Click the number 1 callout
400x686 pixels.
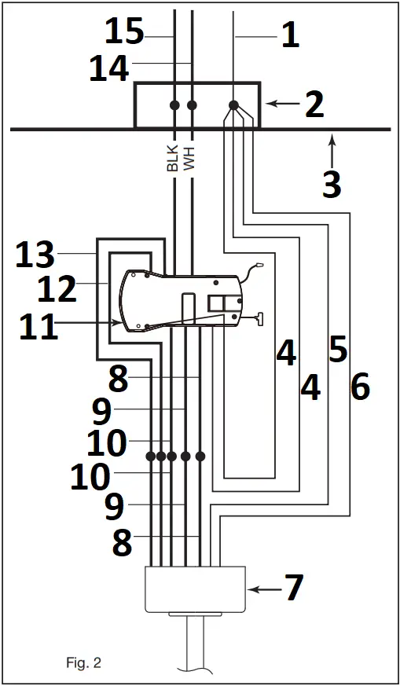pyautogui.click(x=290, y=35)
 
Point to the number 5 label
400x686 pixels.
pyautogui.click(x=338, y=350)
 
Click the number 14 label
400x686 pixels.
pyautogui.click(x=109, y=69)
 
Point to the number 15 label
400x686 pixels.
pyautogui.click(x=124, y=32)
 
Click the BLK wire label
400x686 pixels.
pyautogui.click(x=173, y=156)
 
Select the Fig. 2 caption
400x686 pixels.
pyautogui.click(x=83, y=662)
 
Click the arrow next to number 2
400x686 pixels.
pyautogui.click(x=278, y=103)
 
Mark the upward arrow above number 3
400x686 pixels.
pyautogui.click(x=332, y=147)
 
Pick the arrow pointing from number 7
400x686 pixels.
pyautogui.click(x=260, y=587)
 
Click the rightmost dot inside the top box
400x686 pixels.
pyautogui.click(x=233, y=105)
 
